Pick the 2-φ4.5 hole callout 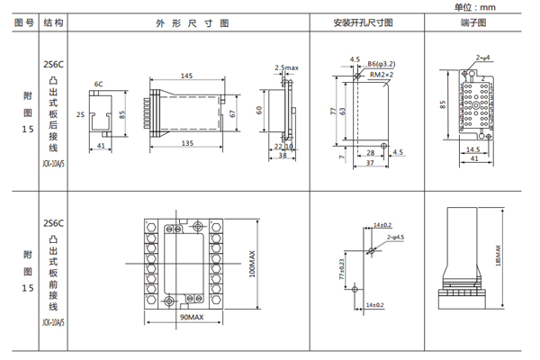(x=397, y=236)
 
